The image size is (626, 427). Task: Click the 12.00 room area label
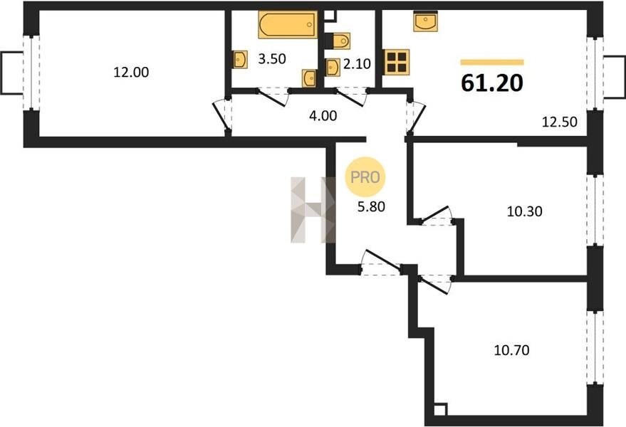131,72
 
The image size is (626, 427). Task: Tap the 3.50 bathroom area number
272,58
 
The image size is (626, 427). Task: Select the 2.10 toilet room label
357,63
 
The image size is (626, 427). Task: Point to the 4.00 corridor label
323,116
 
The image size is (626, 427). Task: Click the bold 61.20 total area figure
492,83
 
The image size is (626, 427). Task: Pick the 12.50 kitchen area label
559,122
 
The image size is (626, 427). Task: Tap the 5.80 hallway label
371,206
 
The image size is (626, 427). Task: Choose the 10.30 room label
525,211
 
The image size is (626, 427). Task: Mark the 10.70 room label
512,350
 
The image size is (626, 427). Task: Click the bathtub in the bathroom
288,25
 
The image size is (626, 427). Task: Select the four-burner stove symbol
397,62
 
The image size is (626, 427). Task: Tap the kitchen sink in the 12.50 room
426,21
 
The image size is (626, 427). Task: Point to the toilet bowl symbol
338,41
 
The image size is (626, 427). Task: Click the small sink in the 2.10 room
333,68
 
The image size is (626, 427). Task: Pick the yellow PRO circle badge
365,176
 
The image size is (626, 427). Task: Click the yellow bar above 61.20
492,62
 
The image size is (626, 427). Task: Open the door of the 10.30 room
437,216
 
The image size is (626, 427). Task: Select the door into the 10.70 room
435,283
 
